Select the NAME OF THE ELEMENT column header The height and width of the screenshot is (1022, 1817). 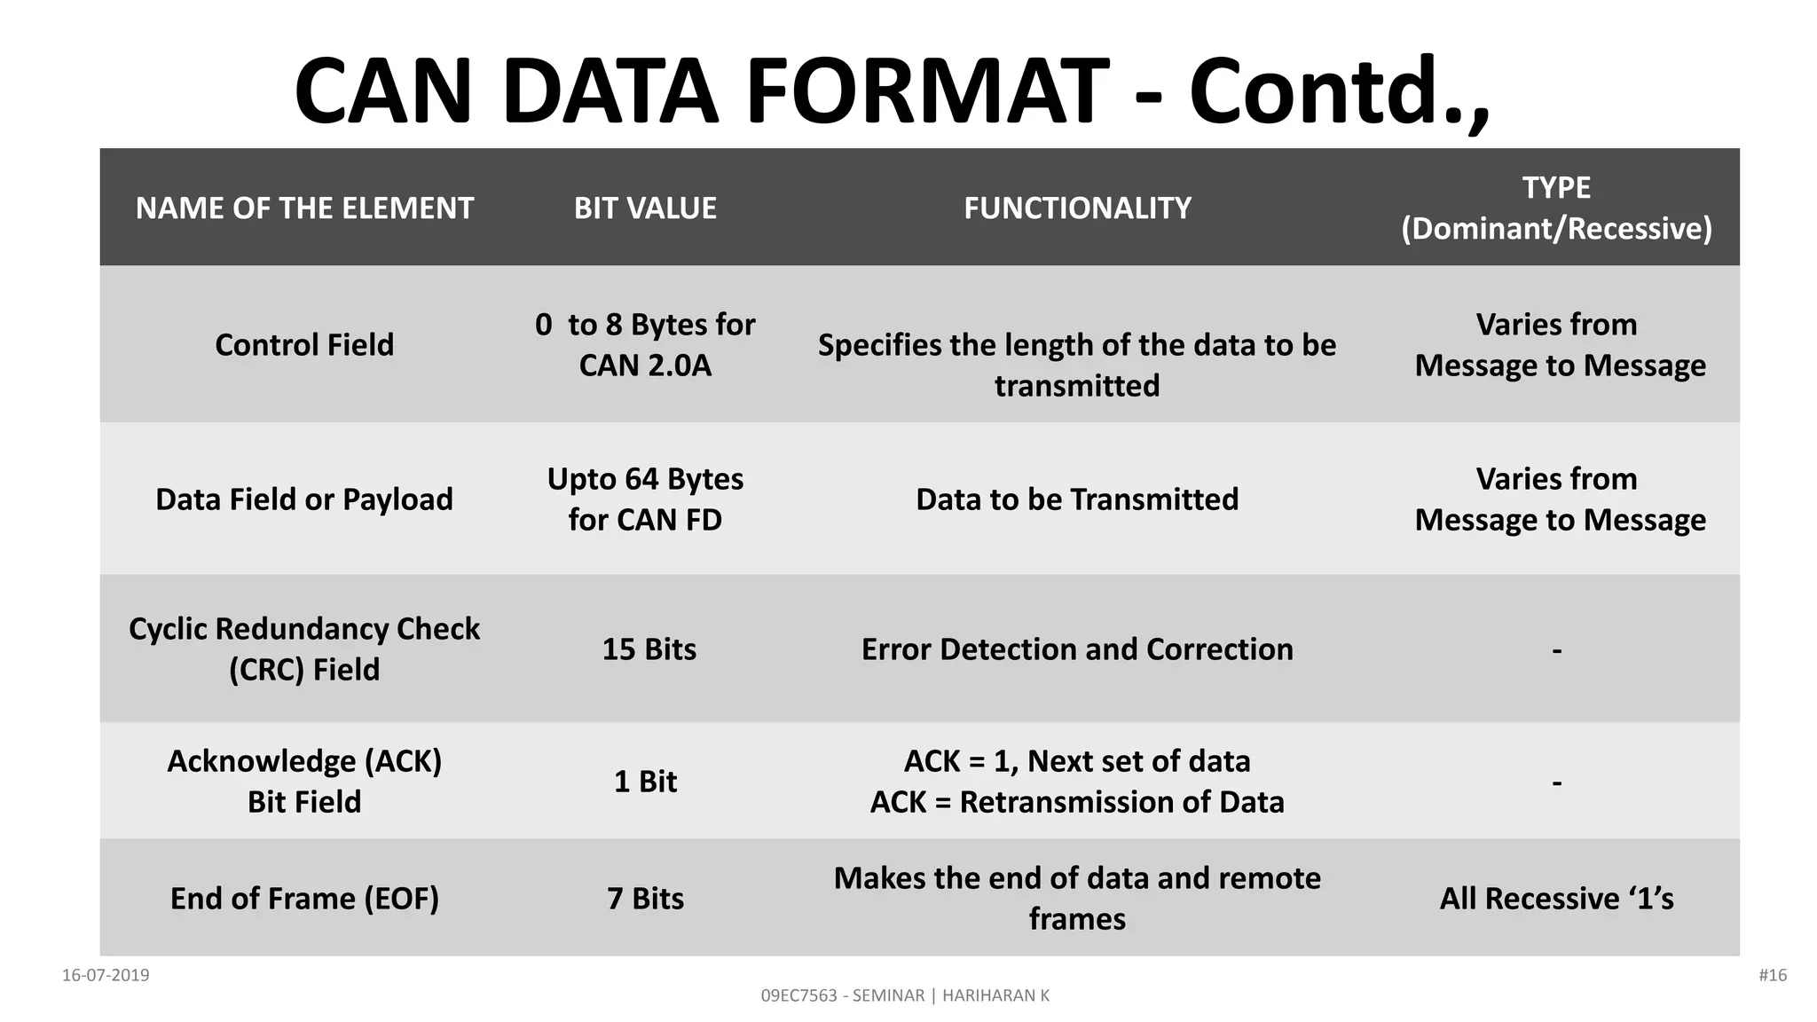(304, 208)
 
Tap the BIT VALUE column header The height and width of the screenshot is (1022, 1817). (645, 208)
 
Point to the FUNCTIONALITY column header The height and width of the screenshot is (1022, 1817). (1077, 208)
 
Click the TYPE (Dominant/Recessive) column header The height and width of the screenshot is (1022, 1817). (1556, 208)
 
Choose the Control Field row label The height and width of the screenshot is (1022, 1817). (304, 344)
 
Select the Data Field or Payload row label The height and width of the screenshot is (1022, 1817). (304, 499)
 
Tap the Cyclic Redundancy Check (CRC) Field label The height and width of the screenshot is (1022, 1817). (304, 649)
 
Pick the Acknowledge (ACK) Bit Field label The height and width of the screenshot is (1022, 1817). (304, 781)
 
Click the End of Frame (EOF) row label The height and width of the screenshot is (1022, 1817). (304, 898)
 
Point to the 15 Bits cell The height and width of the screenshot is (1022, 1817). (649, 649)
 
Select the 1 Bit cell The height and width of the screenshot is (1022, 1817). (645, 781)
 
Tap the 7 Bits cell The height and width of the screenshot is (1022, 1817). (645, 898)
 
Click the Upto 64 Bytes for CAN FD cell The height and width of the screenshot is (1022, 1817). (645, 499)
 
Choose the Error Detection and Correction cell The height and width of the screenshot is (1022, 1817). (1077, 649)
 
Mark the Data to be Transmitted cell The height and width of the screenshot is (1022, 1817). (1077, 499)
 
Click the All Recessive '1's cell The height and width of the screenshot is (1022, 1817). (1556, 898)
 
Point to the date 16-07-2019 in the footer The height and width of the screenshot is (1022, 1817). (106, 975)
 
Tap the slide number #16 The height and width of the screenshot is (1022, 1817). (1772, 975)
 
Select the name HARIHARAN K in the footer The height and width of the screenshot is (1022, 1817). (995, 995)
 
